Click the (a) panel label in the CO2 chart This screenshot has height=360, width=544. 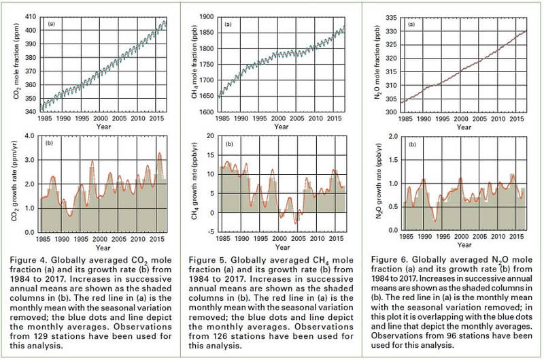click(x=50, y=24)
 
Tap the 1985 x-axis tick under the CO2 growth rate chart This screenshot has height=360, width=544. click(x=46, y=240)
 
